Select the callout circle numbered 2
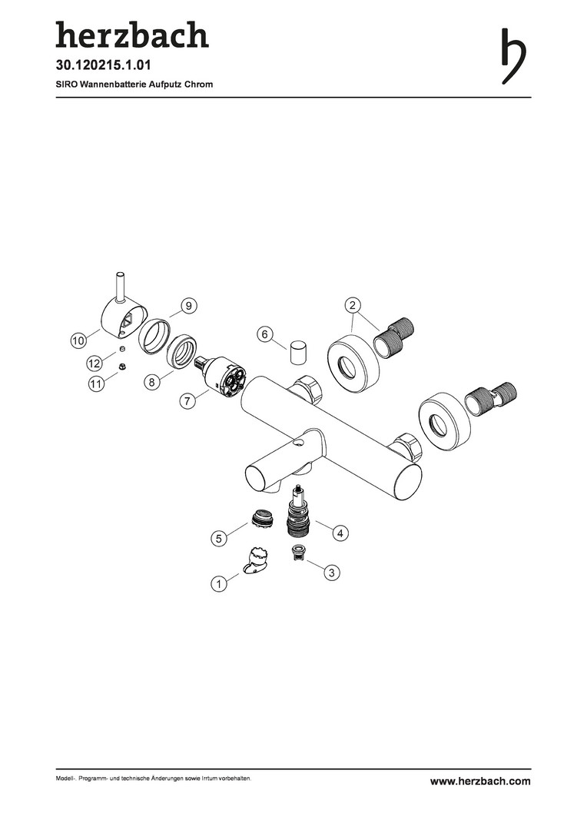tap(353, 305)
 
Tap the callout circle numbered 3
tap(331, 573)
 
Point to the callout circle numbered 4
tap(340, 533)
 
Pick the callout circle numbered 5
tap(218, 539)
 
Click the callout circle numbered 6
tap(264, 334)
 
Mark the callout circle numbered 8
tap(152, 382)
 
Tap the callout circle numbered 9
tap(188, 305)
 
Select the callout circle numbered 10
tap(78, 341)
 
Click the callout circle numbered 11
tap(96, 384)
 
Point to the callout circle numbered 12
tap(95, 363)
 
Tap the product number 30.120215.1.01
tap(104, 65)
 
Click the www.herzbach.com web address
tap(480, 781)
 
